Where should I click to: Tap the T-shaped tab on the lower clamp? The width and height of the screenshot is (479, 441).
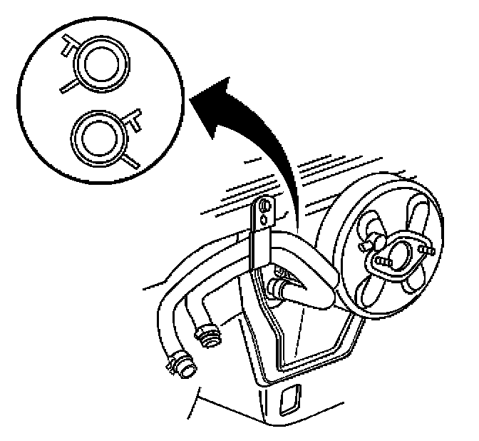click(133, 118)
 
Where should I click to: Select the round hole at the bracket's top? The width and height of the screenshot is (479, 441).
click(266, 206)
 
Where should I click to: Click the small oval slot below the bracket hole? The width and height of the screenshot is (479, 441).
click(265, 221)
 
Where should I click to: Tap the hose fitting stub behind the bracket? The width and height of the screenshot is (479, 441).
click(277, 288)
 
